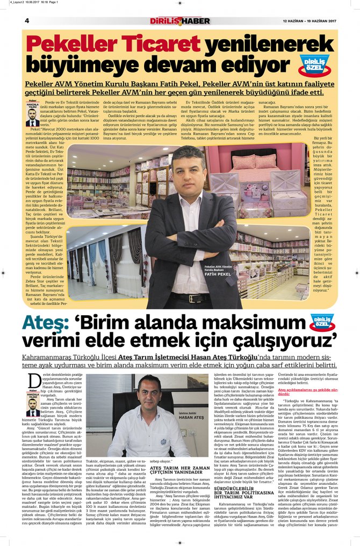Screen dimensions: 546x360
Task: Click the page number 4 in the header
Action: pos(26,20)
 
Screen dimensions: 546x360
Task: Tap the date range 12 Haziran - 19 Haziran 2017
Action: pos(309,21)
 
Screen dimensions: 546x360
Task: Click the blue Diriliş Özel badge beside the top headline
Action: pos(314,64)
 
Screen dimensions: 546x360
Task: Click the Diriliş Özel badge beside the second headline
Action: pos(321,323)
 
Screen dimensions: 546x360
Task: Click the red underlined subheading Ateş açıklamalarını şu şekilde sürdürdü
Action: pos(307,392)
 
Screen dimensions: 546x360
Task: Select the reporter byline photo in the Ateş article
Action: pos(33,407)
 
